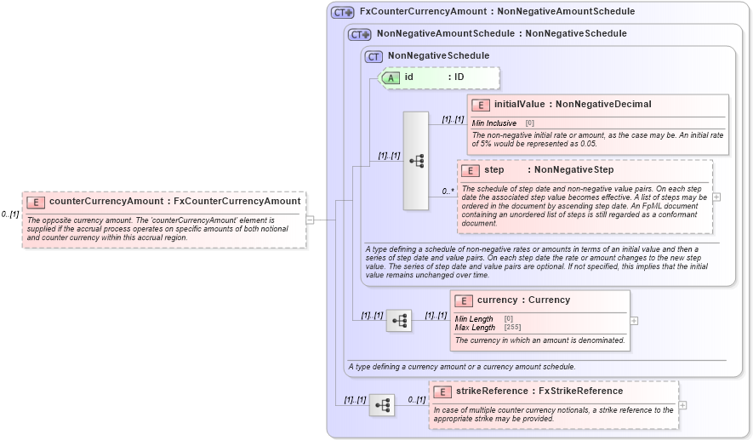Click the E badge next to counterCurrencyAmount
[x=36, y=202]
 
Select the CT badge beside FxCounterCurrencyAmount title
[x=343, y=13]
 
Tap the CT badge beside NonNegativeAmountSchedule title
[x=360, y=35]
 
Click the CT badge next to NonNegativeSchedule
[x=374, y=57]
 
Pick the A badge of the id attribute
[x=391, y=77]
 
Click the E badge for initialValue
[x=481, y=105]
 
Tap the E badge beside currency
[x=464, y=300]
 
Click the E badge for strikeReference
[x=442, y=391]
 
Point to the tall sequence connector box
[x=416, y=160]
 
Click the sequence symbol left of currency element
[x=399, y=321]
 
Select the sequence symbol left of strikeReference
[x=382, y=405]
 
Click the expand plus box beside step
[x=716, y=197]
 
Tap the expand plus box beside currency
[x=634, y=321]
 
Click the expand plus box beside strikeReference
[x=682, y=405]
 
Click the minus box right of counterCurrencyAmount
[x=310, y=220]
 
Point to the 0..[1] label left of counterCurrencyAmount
[x=10, y=214]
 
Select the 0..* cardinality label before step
[x=448, y=191]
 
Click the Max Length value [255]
[x=512, y=327]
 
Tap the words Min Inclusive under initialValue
[x=494, y=123]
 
